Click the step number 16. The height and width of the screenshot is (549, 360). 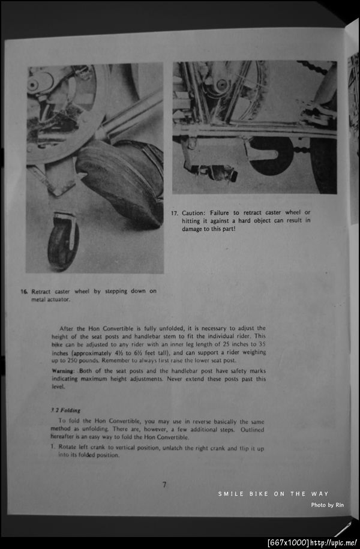click(24, 292)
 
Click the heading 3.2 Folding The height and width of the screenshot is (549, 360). click(66, 410)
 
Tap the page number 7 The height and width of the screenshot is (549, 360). click(164, 485)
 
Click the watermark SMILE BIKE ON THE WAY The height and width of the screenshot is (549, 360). click(273, 494)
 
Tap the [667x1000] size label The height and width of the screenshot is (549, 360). click(288, 543)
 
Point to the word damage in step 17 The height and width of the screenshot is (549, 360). click(194, 229)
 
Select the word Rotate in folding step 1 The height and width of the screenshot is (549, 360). click(70, 448)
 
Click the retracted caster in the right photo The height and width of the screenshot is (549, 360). click(218, 173)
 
